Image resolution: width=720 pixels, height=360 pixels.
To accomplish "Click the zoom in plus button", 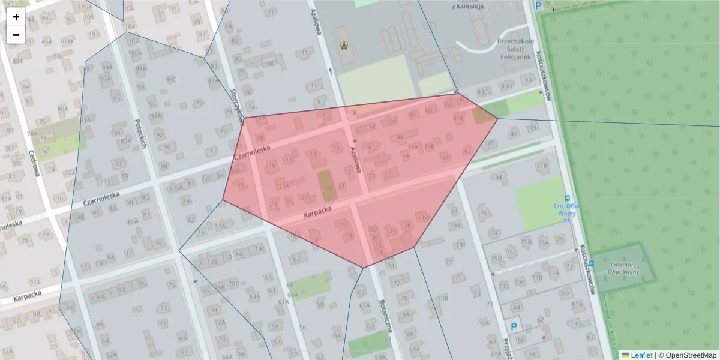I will coord(16,17).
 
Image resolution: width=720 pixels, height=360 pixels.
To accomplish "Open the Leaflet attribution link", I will coord(641,355).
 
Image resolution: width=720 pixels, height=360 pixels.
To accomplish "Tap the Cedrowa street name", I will coord(34,163).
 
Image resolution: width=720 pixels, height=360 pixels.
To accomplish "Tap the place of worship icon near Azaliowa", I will coord(344,45).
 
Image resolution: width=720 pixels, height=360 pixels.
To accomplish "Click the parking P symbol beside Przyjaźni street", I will coord(514,327).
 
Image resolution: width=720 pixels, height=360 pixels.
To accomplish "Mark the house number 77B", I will coord(542,166).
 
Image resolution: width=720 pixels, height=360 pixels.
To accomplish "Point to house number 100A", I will coord(134,52).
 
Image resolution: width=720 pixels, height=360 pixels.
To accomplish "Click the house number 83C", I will coord(482,92).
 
